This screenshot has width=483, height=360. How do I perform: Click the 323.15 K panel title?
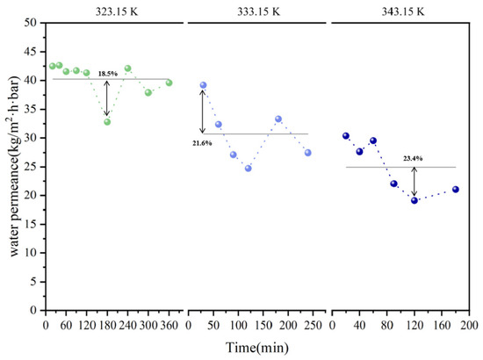117,11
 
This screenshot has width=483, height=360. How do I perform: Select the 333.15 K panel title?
258,11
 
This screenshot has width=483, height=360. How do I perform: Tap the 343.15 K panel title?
403,11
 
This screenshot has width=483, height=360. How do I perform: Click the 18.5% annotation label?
108,74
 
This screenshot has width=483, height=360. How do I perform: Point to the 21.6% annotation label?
202,143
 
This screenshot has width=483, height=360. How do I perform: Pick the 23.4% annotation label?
413,159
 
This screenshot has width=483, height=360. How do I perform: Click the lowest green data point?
107,122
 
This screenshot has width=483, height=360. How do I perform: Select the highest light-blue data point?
204,85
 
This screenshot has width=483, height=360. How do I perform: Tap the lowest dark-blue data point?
415,200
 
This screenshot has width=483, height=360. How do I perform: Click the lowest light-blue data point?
249,169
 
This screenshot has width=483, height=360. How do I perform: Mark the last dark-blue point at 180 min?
456,190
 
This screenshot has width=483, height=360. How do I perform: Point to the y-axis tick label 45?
30,52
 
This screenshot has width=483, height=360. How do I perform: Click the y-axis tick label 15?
30,224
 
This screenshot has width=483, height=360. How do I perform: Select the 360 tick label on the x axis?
169,325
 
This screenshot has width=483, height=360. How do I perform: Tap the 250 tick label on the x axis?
313,325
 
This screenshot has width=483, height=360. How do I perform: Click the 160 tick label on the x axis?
442,325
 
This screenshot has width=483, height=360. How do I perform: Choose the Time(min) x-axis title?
257,348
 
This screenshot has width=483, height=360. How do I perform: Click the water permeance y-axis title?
14,167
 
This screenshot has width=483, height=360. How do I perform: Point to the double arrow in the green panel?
106,98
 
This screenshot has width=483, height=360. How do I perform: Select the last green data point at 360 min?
169,83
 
